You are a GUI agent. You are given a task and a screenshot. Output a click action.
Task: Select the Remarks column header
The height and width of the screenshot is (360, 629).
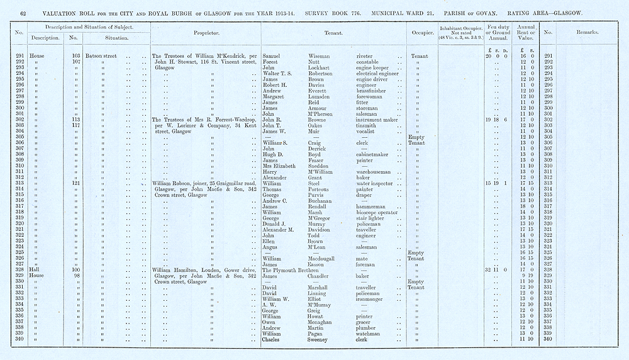click(x=586, y=32)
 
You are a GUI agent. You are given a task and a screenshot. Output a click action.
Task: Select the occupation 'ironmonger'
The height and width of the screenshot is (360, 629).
click(x=371, y=298)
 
